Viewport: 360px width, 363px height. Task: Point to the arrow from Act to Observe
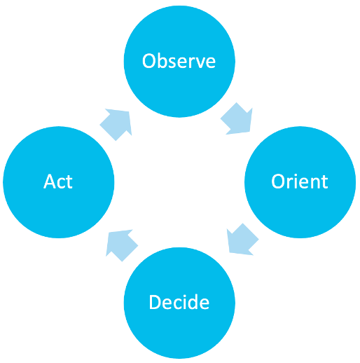pyautogui.click(x=117, y=123)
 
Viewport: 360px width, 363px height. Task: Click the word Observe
pyautogui.click(x=179, y=62)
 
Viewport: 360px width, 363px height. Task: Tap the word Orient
pyautogui.click(x=300, y=181)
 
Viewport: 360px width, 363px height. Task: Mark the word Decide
pyautogui.click(x=179, y=302)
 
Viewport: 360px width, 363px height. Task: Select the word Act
pyautogui.click(x=58, y=181)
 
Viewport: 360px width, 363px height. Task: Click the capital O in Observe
pyautogui.click(x=149, y=62)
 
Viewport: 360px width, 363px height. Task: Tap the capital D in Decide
pyautogui.click(x=155, y=302)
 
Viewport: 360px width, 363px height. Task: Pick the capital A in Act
pyautogui.click(x=48, y=181)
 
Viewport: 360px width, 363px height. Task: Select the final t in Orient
pyautogui.click(x=324, y=181)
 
